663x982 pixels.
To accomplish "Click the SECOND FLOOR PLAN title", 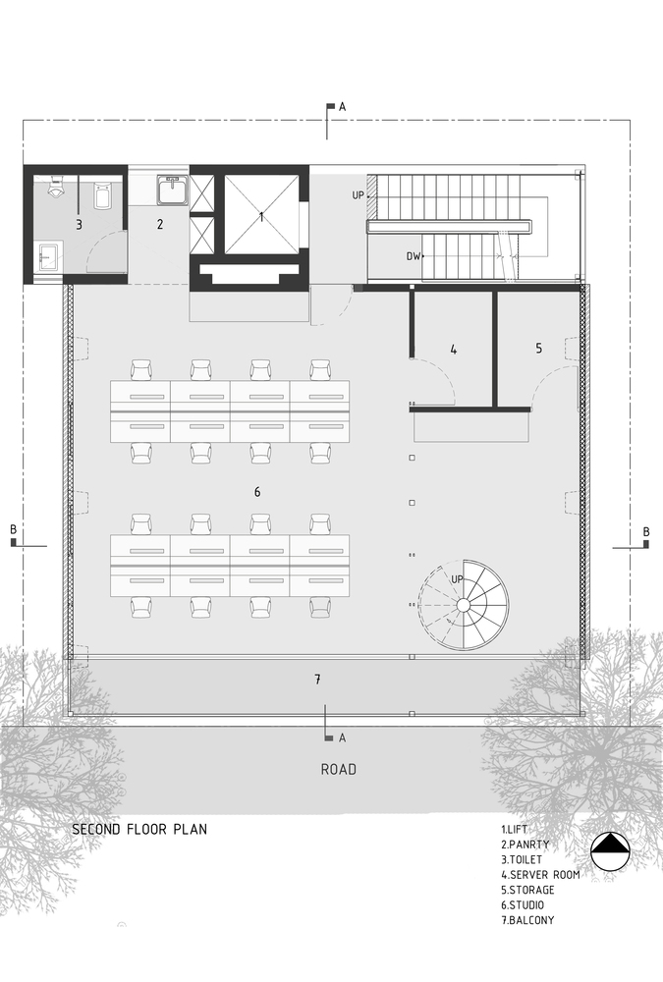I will coord(139,829).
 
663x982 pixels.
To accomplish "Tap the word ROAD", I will coord(338,769).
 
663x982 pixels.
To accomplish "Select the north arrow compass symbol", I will coord(610,851).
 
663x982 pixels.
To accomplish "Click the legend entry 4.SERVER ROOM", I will coord(540,874).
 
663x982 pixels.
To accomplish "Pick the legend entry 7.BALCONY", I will coord(527,920).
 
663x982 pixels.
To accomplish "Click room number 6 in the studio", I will coord(257,491).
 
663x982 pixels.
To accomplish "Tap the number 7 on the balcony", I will coord(317,680).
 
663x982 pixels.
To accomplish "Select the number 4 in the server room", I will coord(453,349).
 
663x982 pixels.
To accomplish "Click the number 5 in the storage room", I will coord(538,348).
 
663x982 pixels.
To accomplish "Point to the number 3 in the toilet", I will coord(79,225).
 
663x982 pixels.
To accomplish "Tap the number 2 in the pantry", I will coord(159,225).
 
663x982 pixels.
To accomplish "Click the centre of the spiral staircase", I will coord(463,606).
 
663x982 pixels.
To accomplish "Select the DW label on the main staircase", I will coord(414,256).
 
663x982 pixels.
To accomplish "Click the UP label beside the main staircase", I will coord(359,195).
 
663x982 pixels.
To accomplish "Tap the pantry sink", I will coord(171,189).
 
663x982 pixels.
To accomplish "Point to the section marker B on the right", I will coord(645,531).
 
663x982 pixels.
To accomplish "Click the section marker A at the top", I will coord(342,106).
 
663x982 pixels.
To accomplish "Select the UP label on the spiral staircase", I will coord(457,579).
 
